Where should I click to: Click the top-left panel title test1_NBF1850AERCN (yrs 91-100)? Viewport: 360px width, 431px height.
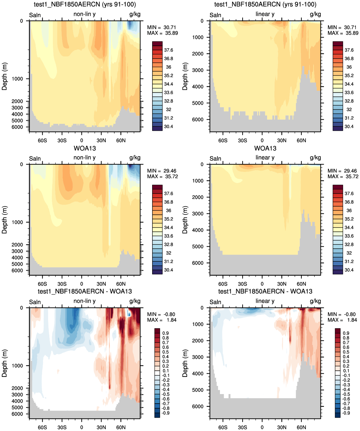point(85,4)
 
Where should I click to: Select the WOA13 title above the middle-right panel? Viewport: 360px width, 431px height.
point(265,148)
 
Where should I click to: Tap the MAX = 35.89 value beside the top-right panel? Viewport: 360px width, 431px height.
point(343,33)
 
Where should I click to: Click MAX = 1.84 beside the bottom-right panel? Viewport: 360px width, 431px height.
point(342,320)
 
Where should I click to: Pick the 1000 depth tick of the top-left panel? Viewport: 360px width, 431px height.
point(17,79)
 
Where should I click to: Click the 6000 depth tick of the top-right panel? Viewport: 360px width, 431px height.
point(198,119)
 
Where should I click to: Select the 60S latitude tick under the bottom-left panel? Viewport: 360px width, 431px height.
point(42,427)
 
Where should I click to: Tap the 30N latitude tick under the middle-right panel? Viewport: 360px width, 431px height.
point(282,284)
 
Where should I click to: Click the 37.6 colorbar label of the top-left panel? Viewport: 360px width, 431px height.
point(168,50)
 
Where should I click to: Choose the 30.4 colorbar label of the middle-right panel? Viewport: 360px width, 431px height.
point(349,270)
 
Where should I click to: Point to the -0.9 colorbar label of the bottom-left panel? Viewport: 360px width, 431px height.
point(165,413)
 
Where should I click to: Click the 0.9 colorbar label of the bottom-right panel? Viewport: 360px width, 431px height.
point(346,333)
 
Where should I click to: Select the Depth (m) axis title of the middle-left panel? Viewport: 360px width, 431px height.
point(4,220)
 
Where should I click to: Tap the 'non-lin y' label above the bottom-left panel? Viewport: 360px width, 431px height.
point(84,301)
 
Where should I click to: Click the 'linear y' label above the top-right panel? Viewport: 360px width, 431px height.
point(265,14)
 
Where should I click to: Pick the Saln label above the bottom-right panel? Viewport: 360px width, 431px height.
point(215,302)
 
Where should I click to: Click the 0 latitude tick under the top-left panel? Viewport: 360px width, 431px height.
point(81,140)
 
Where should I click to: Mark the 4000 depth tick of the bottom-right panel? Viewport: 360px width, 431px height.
point(198,373)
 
